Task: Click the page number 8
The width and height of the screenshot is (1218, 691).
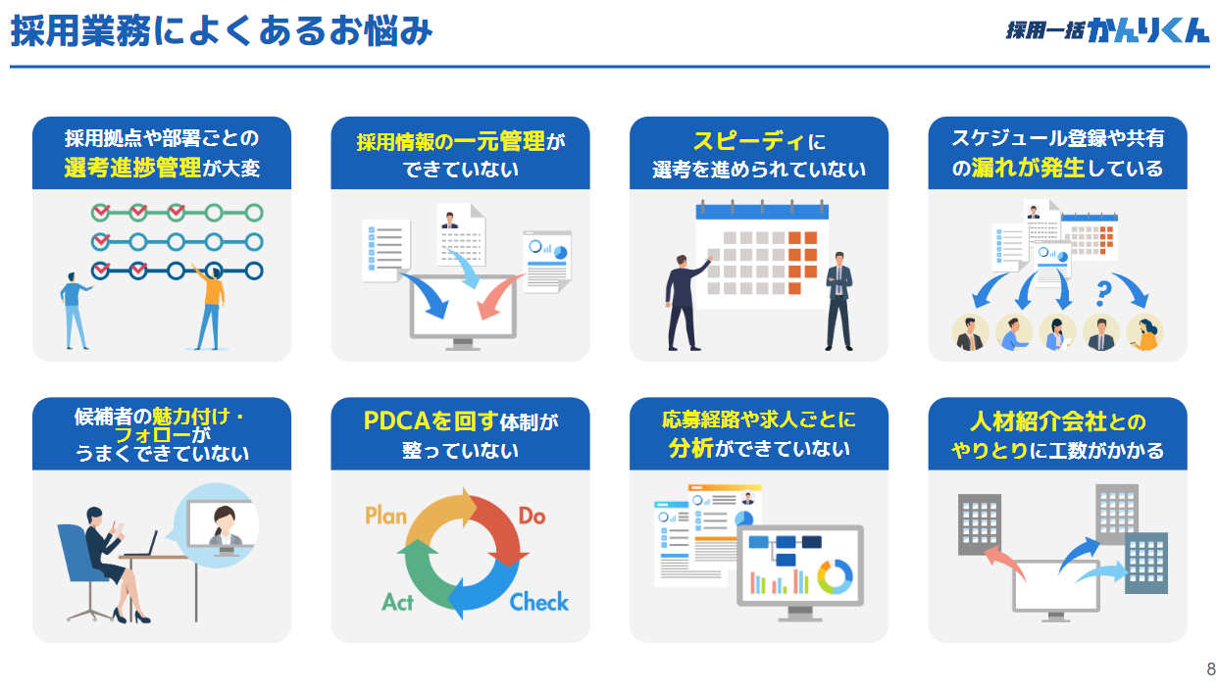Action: pyautogui.click(x=1210, y=669)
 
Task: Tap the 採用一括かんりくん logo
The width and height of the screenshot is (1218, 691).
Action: pyautogui.click(x=1107, y=30)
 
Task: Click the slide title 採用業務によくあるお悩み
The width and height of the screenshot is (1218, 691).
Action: pyautogui.click(x=222, y=31)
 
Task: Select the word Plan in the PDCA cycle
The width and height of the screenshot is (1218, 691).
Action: pyautogui.click(x=385, y=516)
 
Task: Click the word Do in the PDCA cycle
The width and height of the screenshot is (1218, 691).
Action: pyautogui.click(x=532, y=516)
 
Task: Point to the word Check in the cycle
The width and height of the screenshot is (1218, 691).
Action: pyautogui.click(x=538, y=601)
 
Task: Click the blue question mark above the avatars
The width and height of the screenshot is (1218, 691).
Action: pyautogui.click(x=1103, y=290)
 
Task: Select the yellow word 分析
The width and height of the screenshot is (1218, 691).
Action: pyautogui.click(x=690, y=449)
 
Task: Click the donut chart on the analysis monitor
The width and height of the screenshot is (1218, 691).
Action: pyautogui.click(x=835, y=576)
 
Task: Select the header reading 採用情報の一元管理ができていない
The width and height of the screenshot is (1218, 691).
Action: pyautogui.click(x=460, y=154)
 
